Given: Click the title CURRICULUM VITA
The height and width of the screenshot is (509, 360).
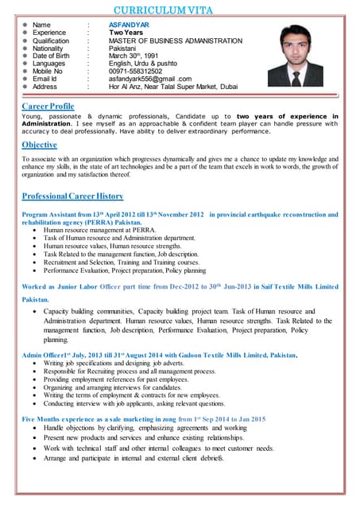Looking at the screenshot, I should [x=179, y=10].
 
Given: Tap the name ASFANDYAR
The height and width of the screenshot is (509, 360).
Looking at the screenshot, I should [x=128, y=25].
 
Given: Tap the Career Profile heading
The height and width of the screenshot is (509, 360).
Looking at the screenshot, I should [x=48, y=106].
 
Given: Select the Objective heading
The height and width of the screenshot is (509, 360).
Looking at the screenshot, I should [x=40, y=145].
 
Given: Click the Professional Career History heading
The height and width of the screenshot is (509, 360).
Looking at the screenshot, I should [x=73, y=196].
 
